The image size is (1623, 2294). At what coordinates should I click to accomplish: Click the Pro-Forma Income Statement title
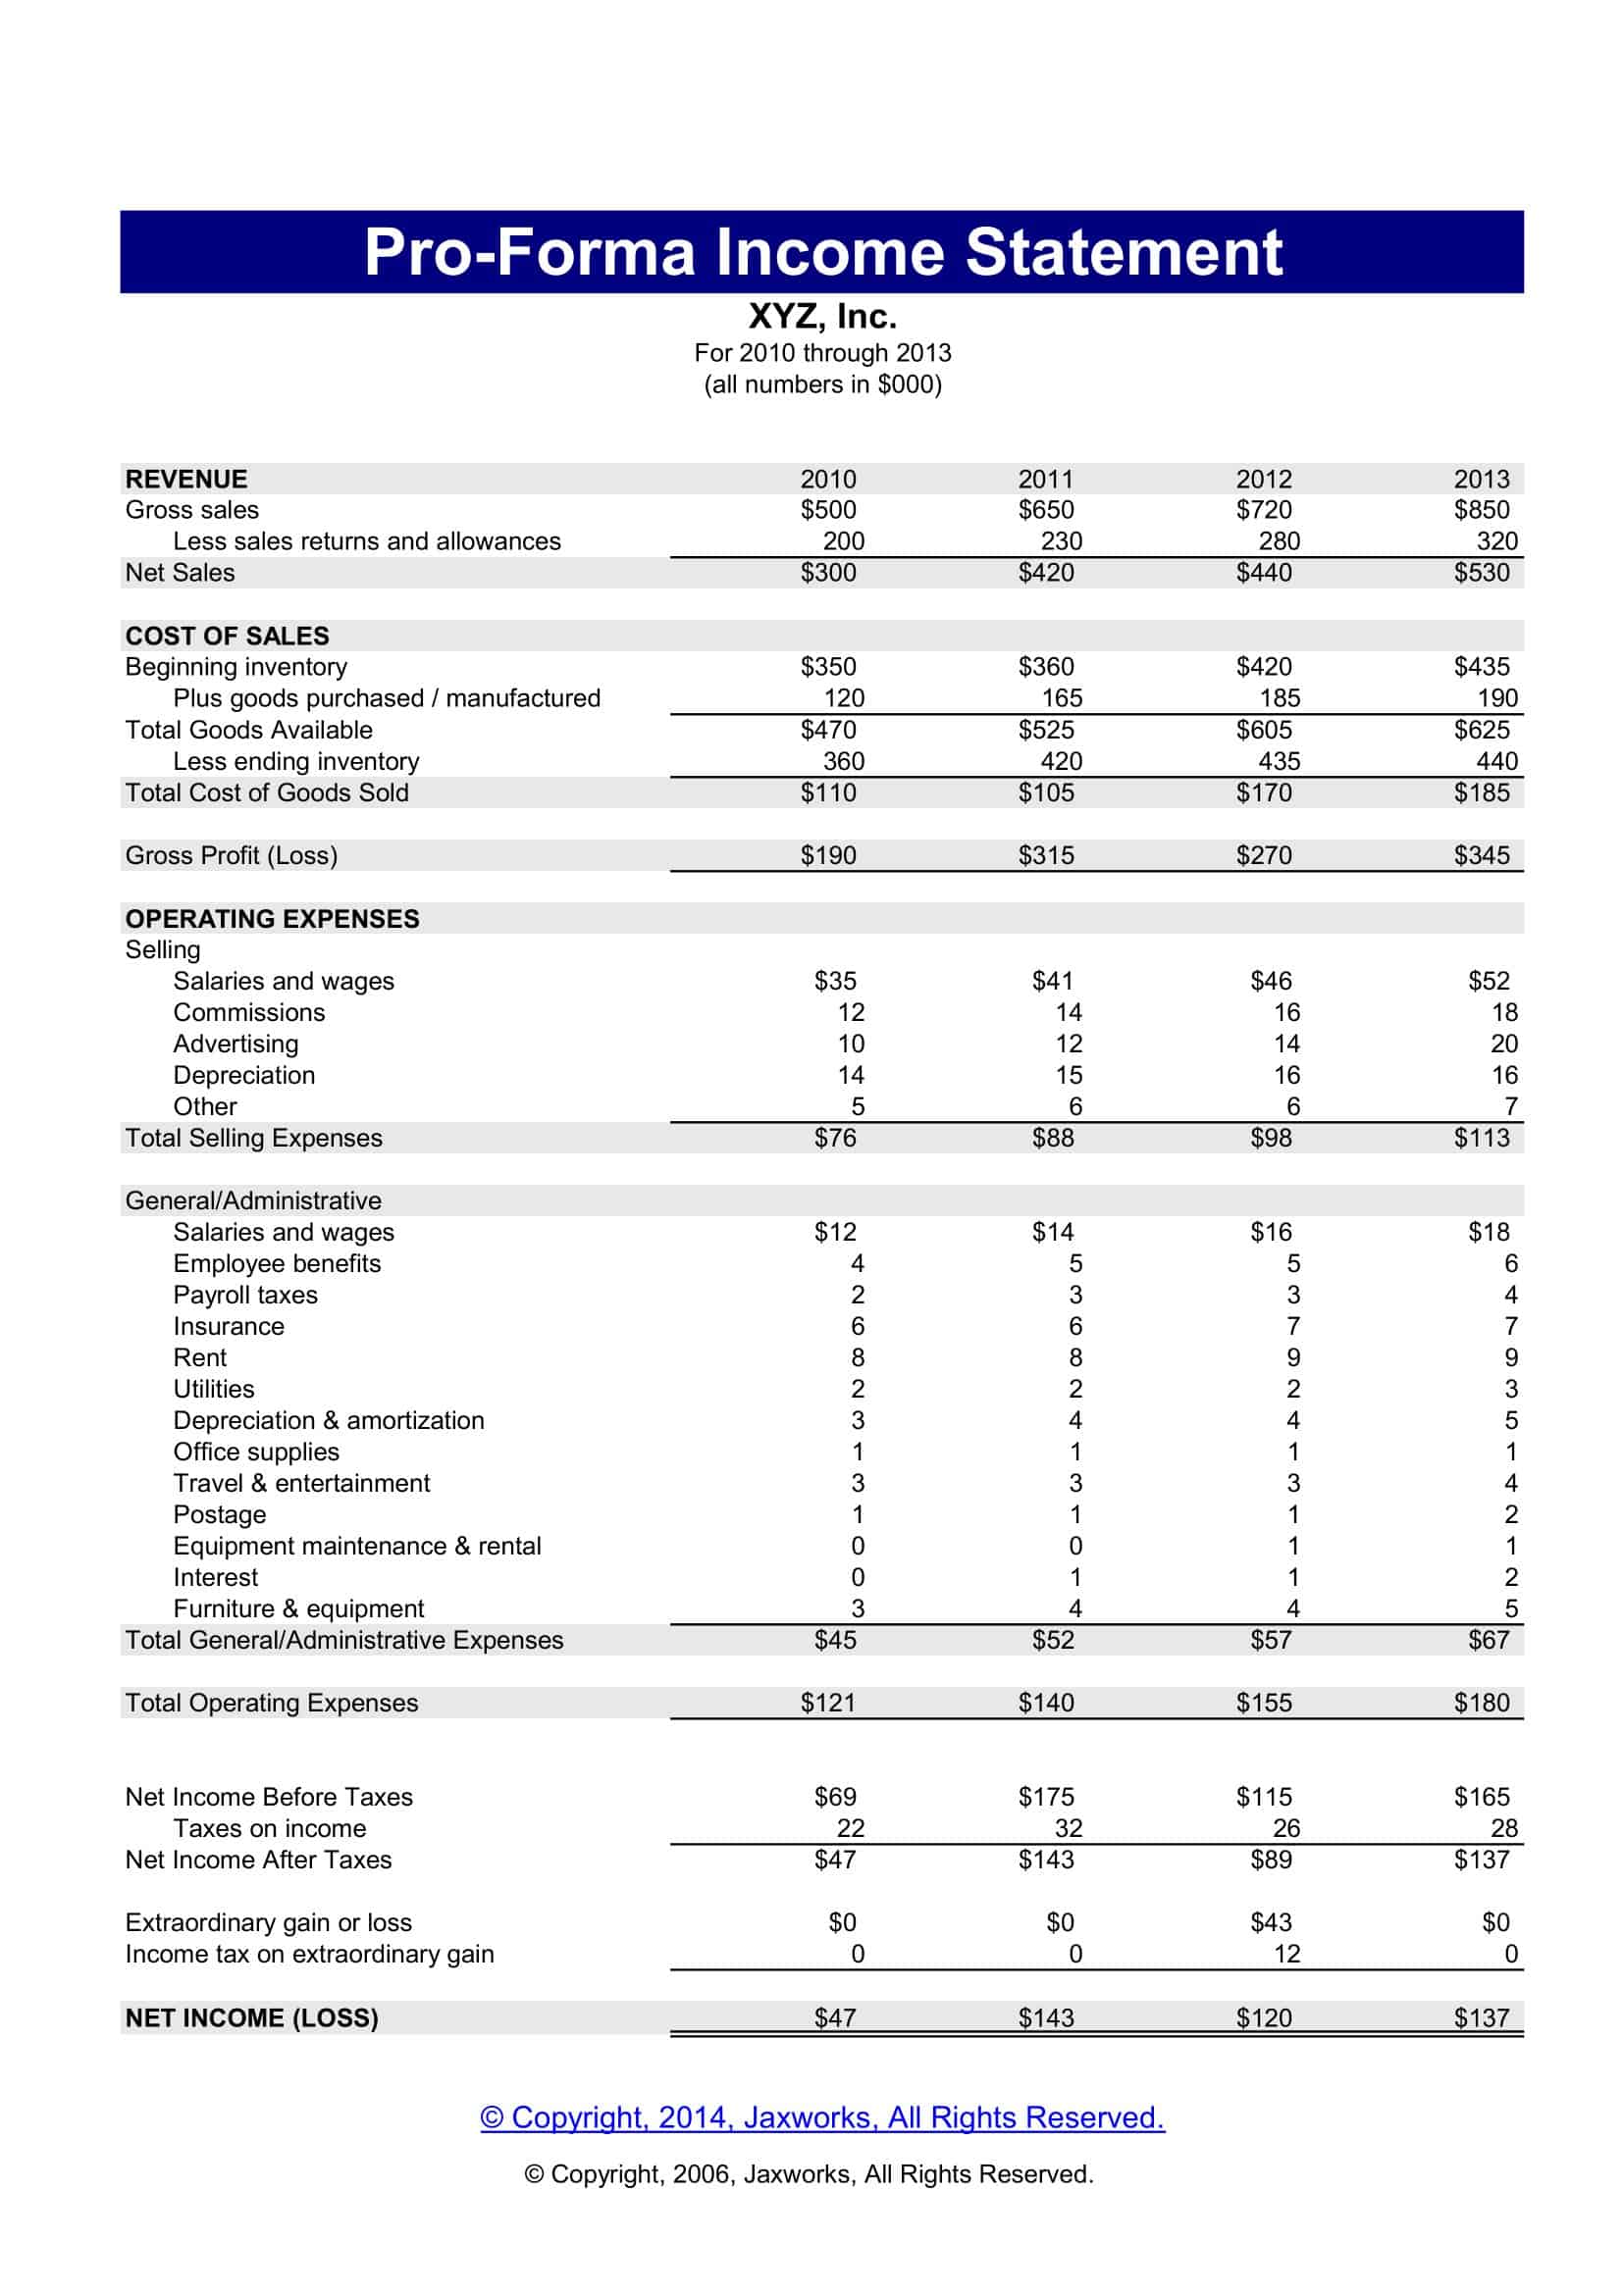coord(821,252)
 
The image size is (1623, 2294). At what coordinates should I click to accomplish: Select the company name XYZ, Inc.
coord(821,317)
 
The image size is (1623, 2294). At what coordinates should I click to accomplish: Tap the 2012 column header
coord(1263,480)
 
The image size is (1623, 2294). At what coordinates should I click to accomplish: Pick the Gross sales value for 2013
coord(1481,511)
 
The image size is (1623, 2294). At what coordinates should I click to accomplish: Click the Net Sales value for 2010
coord(827,574)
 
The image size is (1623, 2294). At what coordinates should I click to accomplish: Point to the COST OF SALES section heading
coord(227,637)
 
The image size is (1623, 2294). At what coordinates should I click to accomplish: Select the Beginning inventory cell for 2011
coord(1045,668)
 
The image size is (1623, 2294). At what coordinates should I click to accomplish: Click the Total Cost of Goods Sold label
coord(267,793)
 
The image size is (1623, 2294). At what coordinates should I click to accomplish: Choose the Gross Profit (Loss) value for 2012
coord(1263,856)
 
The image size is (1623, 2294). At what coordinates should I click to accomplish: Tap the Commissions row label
coord(249,1013)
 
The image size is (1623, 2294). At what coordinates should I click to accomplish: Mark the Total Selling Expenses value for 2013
coord(1481,1139)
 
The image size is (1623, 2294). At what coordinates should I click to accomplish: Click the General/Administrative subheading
coord(253,1201)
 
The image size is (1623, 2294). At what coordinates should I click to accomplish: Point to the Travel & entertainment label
coord(301,1484)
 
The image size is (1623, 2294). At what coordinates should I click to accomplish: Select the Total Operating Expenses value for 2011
coord(1045,1704)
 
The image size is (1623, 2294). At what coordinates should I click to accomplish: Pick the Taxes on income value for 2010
coord(850,1829)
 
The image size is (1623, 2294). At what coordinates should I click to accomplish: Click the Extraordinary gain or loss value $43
coord(1270,1923)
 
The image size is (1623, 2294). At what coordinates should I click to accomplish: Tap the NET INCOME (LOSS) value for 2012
coord(1263,2018)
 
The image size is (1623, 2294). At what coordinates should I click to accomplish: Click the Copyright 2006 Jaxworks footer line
coord(809,2175)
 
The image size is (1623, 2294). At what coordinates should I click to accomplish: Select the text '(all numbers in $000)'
coord(821,385)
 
